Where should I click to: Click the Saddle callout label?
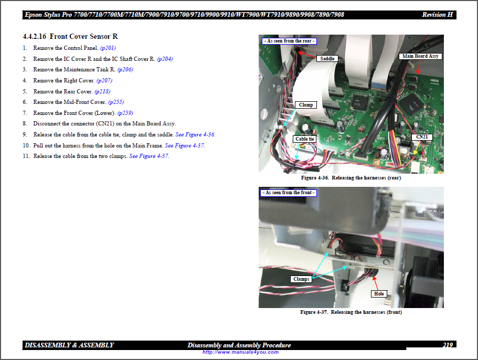[327, 59]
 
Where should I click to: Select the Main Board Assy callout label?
[420, 56]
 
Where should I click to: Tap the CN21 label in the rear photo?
[422, 137]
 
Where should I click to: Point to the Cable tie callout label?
[304, 139]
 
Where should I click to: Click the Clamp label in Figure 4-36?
[306, 105]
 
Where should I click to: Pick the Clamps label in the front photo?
[301, 279]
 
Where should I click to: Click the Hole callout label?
[379, 294]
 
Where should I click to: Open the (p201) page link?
[108, 48]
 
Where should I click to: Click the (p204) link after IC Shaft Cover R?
[165, 59]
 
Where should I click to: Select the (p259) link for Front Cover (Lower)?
[125, 113]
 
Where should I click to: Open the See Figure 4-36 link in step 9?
[195, 134]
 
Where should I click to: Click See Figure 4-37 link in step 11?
[149, 156]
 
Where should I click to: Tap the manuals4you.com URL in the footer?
[240, 352]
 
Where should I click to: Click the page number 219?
[448, 345]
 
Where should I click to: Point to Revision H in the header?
[437, 15]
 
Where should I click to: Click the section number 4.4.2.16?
[35, 36]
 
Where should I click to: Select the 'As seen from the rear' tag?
[289, 41]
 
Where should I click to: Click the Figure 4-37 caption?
[351, 312]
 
